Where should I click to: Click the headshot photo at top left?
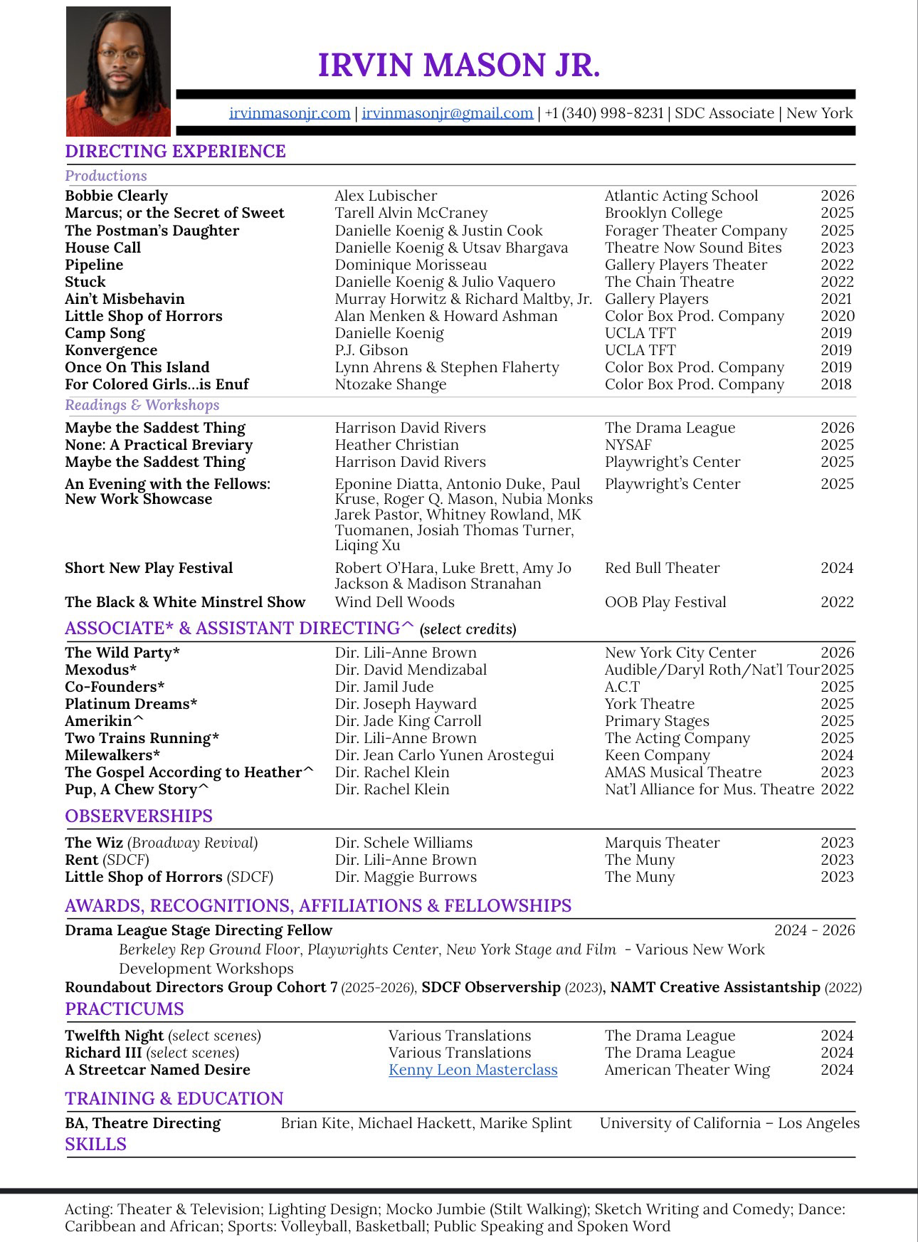pyautogui.click(x=118, y=71)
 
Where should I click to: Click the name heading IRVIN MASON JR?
pyautogui.click(x=459, y=65)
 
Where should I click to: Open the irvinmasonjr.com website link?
pyautogui.click(x=290, y=113)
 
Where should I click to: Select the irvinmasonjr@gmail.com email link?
pyautogui.click(x=448, y=113)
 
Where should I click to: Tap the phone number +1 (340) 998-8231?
pyautogui.click(x=604, y=113)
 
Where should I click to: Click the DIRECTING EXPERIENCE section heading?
pyautogui.click(x=175, y=152)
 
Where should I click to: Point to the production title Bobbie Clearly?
pyautogui.click(x=117, y=196)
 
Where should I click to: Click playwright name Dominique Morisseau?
pyautogui.click(x=411, y=265)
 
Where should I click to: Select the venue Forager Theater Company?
pyautogui.click(x=696, y=231)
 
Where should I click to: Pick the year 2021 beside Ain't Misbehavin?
pyautogui.click(x=836, y=299)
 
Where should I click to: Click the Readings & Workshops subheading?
pyautogui.click(x=142, y=405)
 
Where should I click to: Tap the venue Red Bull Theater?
pyautogui.click(x=662, y=568)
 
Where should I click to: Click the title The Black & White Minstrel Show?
pyautogui.click(x=185, y=602)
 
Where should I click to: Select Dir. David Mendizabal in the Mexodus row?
pyautogui.click(x=411, y=670)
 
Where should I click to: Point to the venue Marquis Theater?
pyautogui.click(x=662, y=843)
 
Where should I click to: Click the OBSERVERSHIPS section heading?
pyautogui.click(x=139, y=816)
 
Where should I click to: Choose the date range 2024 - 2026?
pyautogui.click(x=814, y=930)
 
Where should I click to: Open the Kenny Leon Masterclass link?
pyautogui.click(x=473, y=1070)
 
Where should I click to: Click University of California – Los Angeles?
pyautogui.click(x=729, y=1123)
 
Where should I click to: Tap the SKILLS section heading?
pyautogui.click(x=95, y=1144)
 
